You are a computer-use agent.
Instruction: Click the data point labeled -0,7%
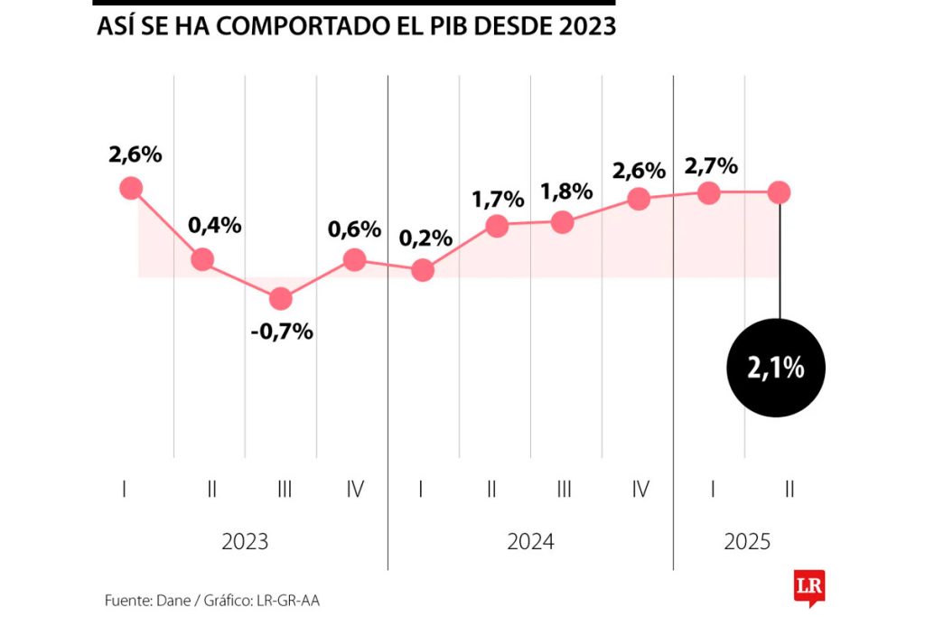281,298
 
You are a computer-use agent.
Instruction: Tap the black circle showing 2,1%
776,368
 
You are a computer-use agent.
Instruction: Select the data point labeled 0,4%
202,259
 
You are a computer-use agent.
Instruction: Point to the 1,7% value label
498,200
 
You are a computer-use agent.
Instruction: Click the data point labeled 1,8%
562,222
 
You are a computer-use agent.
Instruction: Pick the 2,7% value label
711,166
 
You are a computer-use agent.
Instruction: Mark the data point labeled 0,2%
422,270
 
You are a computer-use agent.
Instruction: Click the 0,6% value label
354,229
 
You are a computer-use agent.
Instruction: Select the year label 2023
245,542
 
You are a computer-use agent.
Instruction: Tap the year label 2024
530,542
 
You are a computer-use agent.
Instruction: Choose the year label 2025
747,542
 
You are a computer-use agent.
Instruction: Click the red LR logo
808,587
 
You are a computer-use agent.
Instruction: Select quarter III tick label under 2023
285,490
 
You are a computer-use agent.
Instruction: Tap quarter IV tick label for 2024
640,490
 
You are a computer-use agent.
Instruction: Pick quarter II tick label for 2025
790,490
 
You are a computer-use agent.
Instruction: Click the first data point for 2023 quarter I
131,188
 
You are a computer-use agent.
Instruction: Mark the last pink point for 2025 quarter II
779,192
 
